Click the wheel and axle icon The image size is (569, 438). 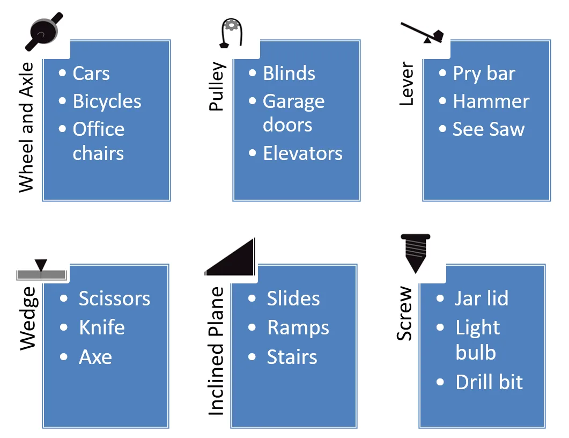44,32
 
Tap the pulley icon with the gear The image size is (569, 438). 231,33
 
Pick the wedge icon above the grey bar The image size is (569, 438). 41,269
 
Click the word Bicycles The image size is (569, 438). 107,101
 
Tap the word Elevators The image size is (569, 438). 302,154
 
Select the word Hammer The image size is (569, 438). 491,101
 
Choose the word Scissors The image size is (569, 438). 114,298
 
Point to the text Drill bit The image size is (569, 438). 489,382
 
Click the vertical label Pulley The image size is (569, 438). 217,86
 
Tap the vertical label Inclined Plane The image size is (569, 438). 216,351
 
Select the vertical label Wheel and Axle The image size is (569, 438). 26,127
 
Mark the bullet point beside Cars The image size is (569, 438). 62,73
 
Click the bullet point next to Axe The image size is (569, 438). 64,357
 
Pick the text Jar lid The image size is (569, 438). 481,298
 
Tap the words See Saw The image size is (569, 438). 489,129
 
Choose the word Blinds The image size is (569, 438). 289,73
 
